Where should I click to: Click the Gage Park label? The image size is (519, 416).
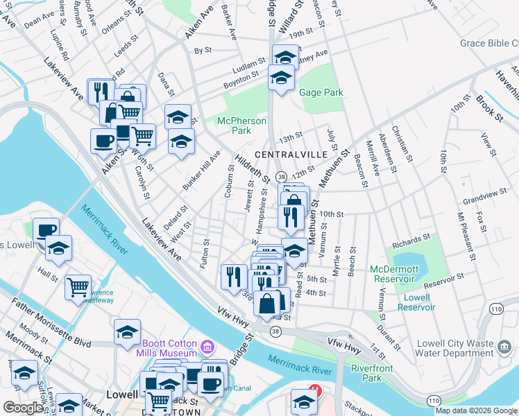click(x=321, y=92)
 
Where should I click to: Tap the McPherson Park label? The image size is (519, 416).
click(x=241, y=125)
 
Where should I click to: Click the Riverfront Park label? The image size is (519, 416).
click(x=366, y=373)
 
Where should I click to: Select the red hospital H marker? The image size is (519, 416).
click(x=315, y=390)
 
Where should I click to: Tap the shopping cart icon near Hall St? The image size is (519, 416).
click(x=78, y=286)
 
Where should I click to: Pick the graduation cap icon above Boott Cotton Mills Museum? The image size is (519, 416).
click(x=127, y=332)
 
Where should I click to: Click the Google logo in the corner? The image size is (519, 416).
click(x=23, y=408)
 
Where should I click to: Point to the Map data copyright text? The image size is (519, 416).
click(x=475, y=410)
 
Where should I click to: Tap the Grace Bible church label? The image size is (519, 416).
click(x=489, y=44)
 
